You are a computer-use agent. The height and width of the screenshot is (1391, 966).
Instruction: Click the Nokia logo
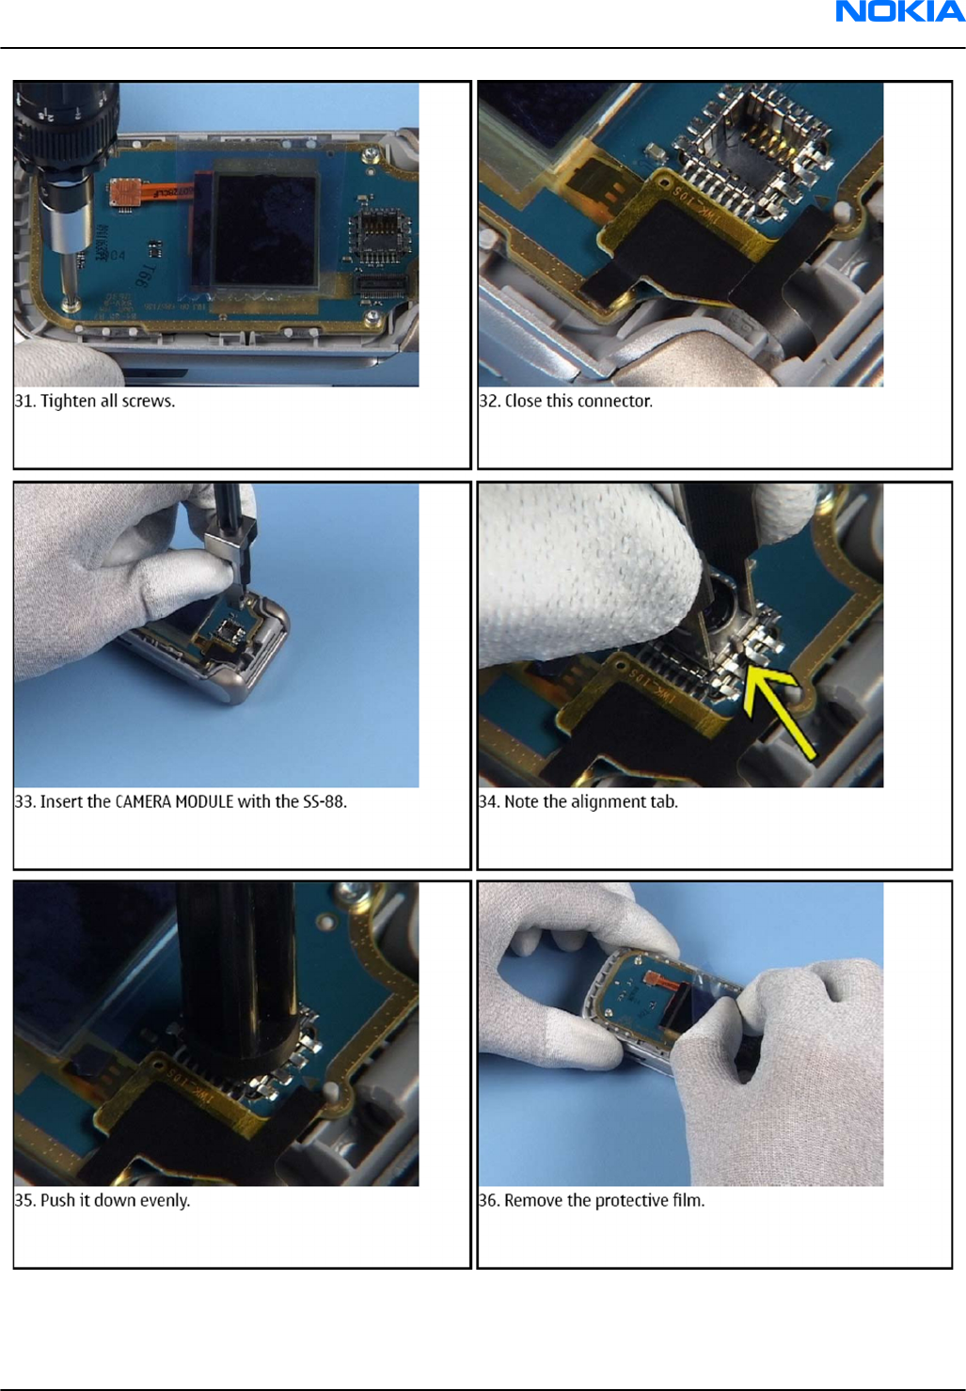tap(900, 11)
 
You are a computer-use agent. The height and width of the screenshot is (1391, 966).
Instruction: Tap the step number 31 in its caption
tap(24, 402)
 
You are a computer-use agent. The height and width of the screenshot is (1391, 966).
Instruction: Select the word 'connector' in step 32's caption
tap(615, 402)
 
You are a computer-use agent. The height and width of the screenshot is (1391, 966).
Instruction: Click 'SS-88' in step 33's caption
tap(325, 801)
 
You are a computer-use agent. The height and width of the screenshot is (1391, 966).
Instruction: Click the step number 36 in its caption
tap(488, 1200)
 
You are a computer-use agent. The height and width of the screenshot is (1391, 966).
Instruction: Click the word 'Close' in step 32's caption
tap(523, 402)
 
